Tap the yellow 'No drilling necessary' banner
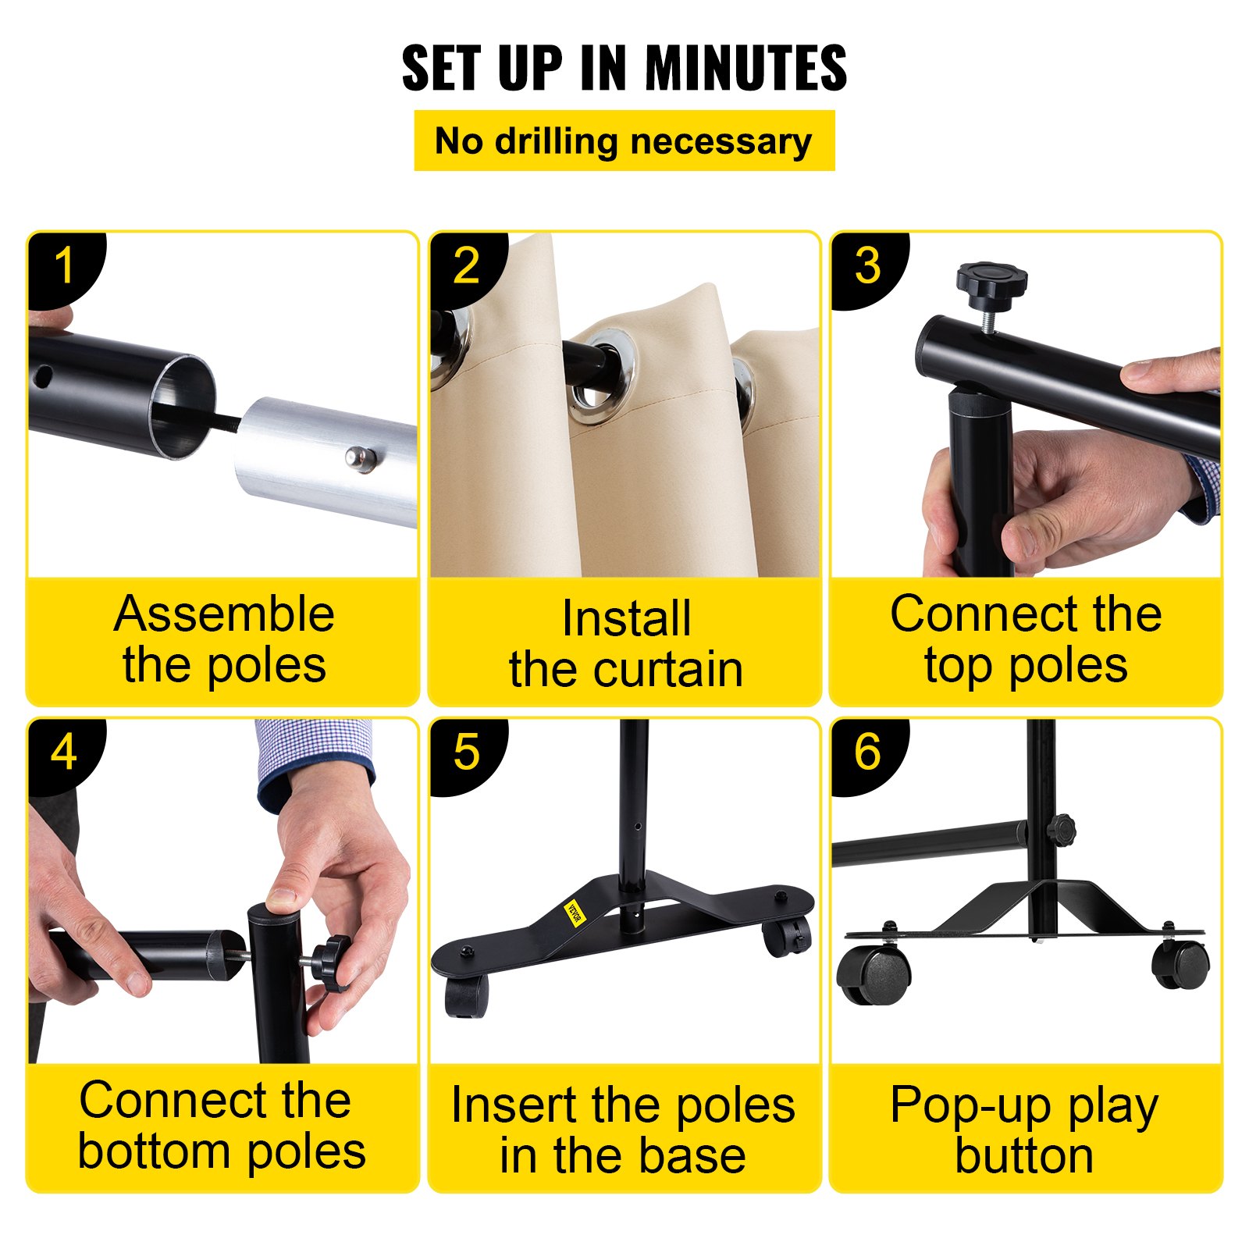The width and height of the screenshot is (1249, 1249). pyautogui.click(x=624, y=141)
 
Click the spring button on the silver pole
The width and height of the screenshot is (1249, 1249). pyautogui.click(x=358, y=458)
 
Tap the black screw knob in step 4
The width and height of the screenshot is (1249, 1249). pyautogui.click(x=331, y=963)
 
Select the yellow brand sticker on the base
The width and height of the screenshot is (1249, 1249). pyautogui.click(x=575, y=913)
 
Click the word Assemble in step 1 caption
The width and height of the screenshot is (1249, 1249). pyautogui.click(x=224, y=614)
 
